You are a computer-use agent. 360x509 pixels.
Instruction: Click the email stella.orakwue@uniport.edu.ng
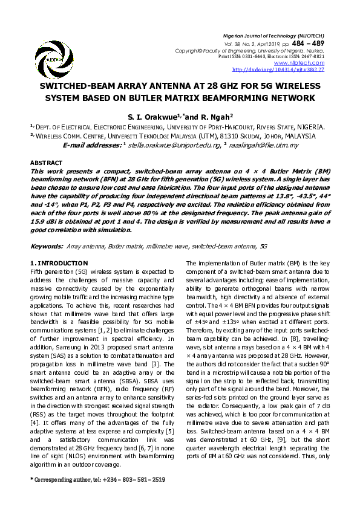click(172, 146)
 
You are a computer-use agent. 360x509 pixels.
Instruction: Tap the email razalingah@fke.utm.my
click(264, 146)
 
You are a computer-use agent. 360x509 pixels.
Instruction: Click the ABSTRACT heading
click(46, 163)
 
